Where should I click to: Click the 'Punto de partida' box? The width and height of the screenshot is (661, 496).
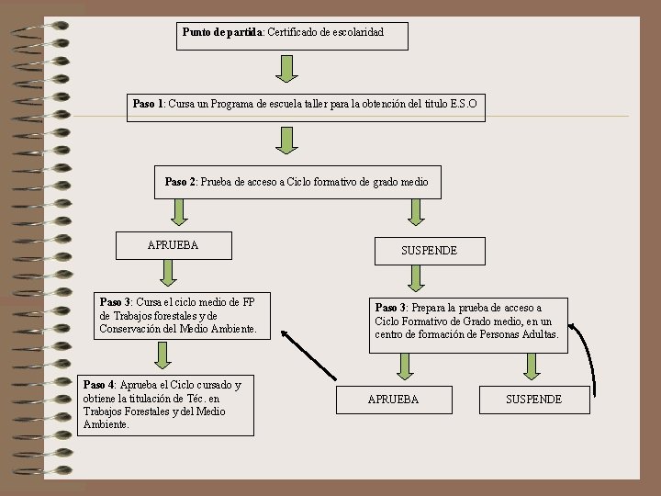[291, 35]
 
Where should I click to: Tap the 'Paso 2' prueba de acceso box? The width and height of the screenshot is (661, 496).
[296, 183]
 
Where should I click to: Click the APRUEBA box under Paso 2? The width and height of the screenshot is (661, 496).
[173, 245]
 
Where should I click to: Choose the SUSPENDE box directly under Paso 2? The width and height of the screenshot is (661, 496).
[429, 251]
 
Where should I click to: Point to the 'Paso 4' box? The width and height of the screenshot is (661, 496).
[165, 405]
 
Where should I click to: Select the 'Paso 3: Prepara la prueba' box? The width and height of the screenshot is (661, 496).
[467, 325]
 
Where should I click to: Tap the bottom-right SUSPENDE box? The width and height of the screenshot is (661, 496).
[533, 400]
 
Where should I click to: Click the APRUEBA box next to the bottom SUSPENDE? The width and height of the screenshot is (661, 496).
[393, 400]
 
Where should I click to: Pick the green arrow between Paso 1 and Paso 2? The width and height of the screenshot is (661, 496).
[288, 140]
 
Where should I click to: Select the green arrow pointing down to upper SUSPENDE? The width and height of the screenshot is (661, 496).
[417, 212]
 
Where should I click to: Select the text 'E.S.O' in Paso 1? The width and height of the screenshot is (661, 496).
[464, 105]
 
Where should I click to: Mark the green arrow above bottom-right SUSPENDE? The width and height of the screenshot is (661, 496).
[531, 366]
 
